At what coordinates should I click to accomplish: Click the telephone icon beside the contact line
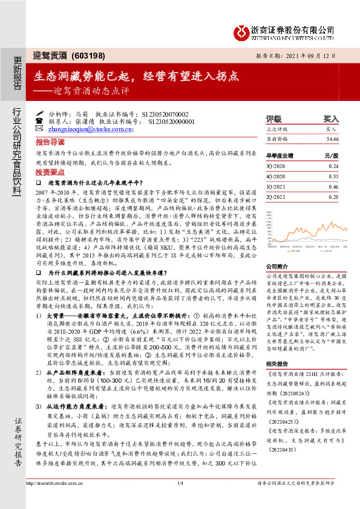click(39, 120)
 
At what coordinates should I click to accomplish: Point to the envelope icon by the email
click(39, 128)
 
